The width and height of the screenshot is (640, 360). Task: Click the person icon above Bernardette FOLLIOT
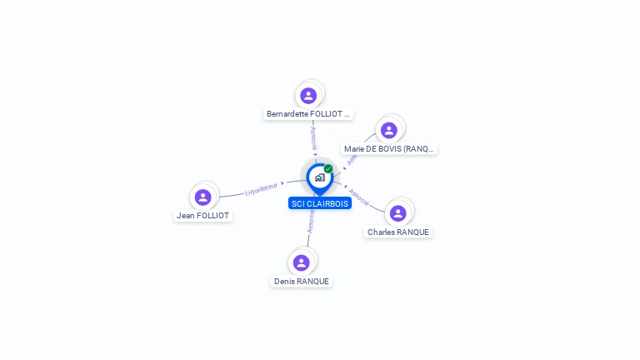tap(308, 95)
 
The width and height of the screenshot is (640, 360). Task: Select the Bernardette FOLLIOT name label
tap(309, 113)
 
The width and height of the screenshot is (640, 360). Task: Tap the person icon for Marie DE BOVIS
tap(388, 130)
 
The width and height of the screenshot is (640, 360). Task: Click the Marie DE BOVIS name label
tap(389, 149)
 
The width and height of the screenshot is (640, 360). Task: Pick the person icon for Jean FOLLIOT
tap(202, 197)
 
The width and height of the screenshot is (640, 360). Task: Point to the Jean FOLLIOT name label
tap(202, 215)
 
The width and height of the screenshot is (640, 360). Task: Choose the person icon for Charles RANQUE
tap(397, 213)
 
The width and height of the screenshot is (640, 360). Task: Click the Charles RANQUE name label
tap(399, 232)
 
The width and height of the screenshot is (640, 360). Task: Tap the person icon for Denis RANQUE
tap(302, 262)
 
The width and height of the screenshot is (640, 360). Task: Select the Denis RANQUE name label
tap(302, 282)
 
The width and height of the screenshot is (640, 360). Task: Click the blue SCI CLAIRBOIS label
tap(320, 203)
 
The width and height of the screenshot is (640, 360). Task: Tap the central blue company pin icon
tap(319, 177)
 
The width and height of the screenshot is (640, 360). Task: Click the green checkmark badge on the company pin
tap(328, 168)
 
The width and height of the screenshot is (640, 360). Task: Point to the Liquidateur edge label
tap(262, 190)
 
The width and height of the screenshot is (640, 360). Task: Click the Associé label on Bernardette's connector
tap(314, 137)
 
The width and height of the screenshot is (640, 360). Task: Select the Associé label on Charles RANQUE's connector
tap(359, 197)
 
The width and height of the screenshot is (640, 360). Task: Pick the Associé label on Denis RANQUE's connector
tap(310, 220)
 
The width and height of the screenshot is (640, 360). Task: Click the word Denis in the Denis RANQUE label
tap(285, 282)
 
